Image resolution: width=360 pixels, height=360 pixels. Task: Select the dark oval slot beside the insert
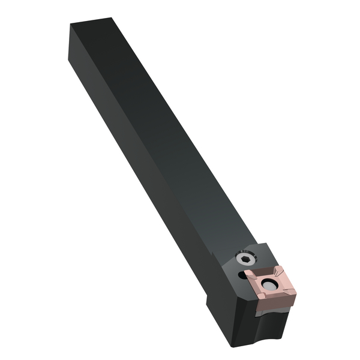click(242, 275)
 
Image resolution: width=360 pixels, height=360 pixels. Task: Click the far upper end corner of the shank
click(71, 25)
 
